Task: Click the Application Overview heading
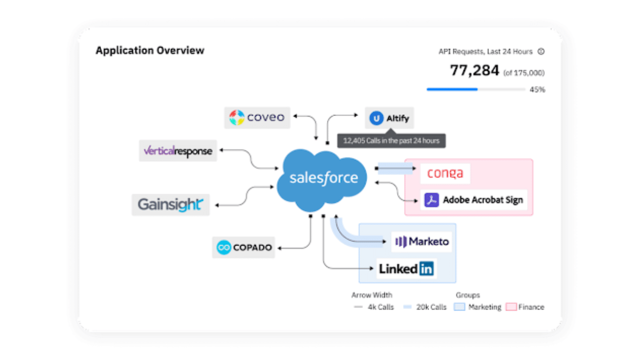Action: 150,50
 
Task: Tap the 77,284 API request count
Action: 474,70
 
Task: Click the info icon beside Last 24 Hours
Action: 541,51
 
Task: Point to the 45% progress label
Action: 537,89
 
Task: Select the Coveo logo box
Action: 257,117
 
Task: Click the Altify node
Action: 389,118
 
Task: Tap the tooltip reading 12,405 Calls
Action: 391,140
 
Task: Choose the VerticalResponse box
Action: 177,151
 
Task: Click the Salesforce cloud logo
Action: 322,180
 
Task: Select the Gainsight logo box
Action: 170,205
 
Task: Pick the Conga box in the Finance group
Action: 445,173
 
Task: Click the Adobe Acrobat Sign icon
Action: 431,200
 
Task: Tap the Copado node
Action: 243,247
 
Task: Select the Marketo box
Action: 421,241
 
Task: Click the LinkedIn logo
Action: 406,269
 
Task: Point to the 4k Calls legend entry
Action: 374,307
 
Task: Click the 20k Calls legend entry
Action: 424,307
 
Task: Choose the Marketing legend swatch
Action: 459,307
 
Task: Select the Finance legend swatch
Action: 511,307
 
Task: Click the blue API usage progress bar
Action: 452,89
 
